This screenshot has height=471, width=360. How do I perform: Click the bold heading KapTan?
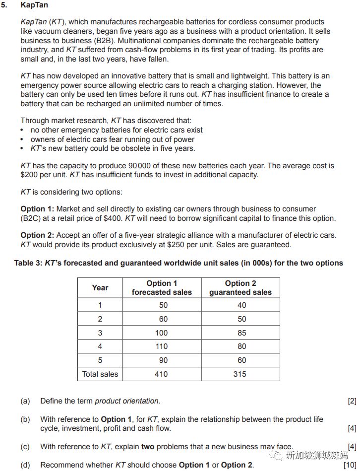click(34, 6)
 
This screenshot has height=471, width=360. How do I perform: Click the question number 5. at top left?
click(5, 6)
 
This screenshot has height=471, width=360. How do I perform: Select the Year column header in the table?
click(100, 288)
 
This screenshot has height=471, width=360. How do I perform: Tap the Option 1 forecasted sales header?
click(162, 288)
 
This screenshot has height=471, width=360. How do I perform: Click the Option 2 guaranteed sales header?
click(240, 288)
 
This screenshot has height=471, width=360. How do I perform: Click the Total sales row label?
click(100, 374)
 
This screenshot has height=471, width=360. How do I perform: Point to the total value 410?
click(162, 374)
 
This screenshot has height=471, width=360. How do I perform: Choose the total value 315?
click(240, 374)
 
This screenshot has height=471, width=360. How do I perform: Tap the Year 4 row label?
click(100, 346)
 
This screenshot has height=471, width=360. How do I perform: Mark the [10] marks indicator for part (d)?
click(350, 465)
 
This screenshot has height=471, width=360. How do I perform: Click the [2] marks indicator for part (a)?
click(352, 401)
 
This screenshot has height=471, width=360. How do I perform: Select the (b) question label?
click(25, 419)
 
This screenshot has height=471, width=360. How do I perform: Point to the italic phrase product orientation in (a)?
click(127, 401)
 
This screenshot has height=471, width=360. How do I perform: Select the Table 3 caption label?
click(28, 263)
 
